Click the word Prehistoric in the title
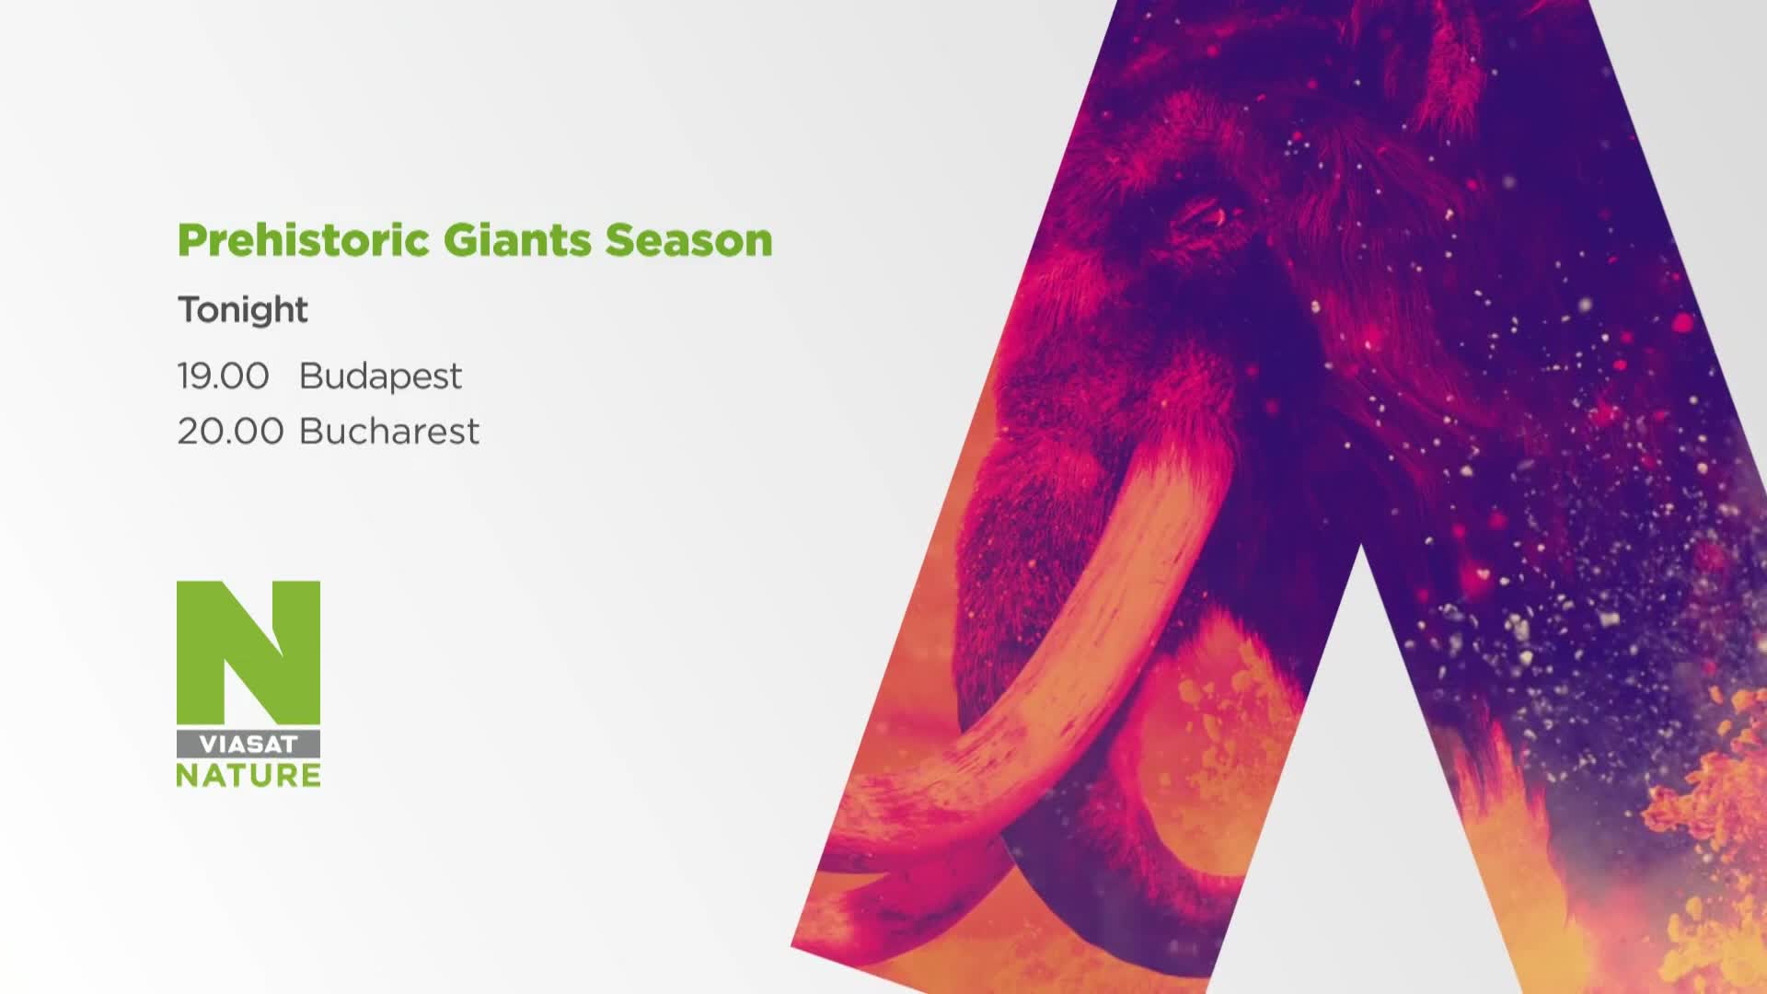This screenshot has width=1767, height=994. click(304, 241)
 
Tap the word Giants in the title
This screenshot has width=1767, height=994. click(517, 241)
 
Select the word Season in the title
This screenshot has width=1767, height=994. click(688, 240)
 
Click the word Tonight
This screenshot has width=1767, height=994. click(243, 310)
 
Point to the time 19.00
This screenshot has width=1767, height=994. click(224, 376)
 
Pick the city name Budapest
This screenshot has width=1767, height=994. click(380, 376)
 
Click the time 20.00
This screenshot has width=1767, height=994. click(230, 431)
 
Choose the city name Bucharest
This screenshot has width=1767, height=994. click(389, 431)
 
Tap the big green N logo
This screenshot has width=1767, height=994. click(248, 653)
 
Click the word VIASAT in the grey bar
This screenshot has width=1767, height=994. click(248, 745)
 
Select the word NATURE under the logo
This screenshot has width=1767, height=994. click(248, 775)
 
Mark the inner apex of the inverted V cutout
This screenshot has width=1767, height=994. click(1360, 547)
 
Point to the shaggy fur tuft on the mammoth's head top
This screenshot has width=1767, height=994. click(1454, 55)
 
